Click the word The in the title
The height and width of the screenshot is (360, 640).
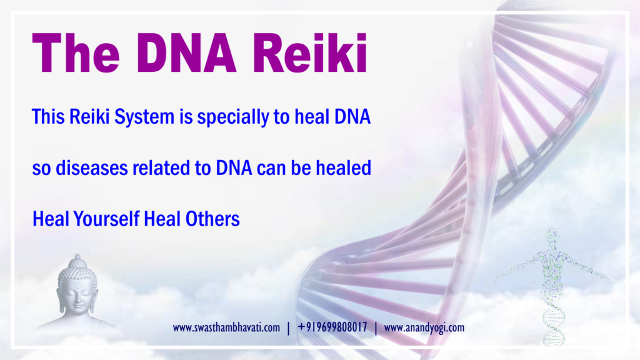76,53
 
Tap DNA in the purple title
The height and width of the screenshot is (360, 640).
187,53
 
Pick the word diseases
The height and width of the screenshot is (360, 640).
91,167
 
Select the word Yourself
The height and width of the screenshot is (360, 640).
106,219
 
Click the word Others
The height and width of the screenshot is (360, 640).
212,219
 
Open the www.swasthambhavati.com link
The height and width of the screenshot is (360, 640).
226,327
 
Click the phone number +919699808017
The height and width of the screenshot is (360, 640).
332,327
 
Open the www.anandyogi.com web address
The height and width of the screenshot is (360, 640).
424,327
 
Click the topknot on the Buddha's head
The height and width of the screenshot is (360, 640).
77,259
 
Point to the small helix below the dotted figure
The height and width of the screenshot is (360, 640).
554,322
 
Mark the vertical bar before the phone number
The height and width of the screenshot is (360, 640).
289,327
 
